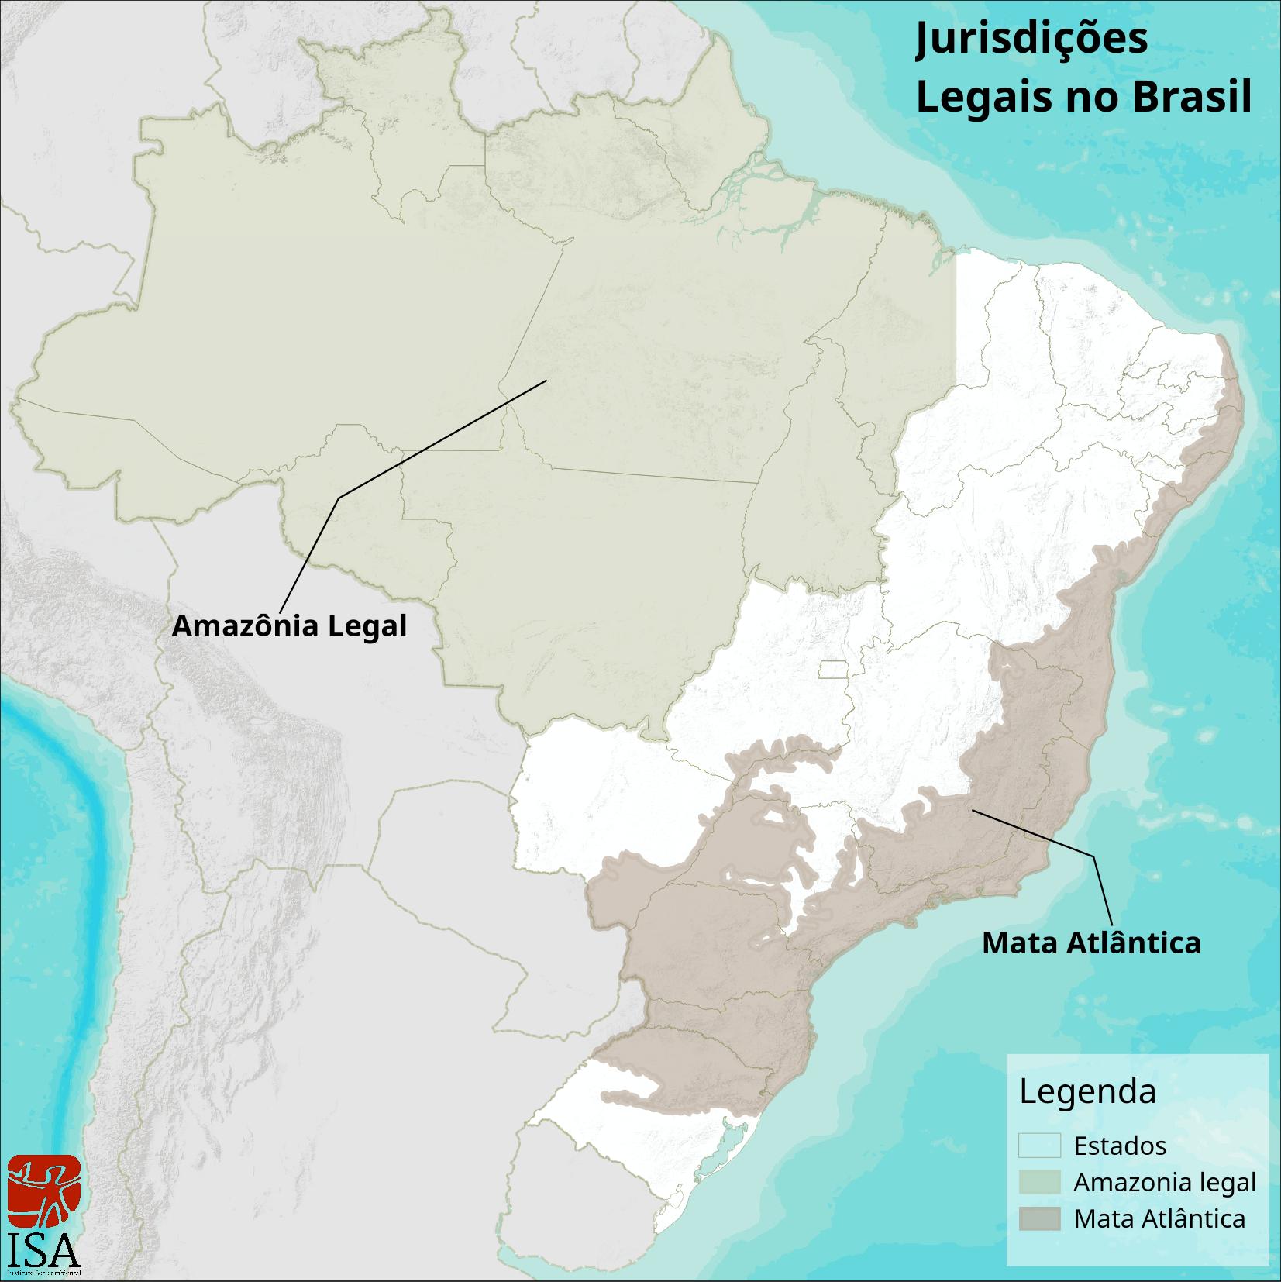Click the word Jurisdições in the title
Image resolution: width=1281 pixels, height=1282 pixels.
pos(1031,40)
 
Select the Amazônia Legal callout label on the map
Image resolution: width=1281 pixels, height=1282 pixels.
pos(289,626)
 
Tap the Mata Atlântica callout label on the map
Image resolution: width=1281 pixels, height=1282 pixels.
pos(1091,943)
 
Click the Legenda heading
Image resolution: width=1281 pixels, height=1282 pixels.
pos(1087,1091)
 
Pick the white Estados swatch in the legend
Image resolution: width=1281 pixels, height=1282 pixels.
pos(1039,1146)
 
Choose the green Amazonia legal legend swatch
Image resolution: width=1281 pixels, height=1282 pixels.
pos(1039,1182)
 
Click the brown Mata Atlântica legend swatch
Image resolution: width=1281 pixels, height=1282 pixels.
pos(1039,1218)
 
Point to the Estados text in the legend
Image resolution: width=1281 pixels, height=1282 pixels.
pos(1120,1146)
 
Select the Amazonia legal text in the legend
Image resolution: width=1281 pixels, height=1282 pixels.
pos(1164,1183)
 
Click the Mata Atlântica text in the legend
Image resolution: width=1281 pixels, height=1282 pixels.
pos(1159,1219)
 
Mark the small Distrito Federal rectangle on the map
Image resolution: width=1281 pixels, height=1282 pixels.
pos(835,670)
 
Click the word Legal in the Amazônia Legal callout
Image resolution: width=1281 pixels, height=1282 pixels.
pos(367,626)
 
